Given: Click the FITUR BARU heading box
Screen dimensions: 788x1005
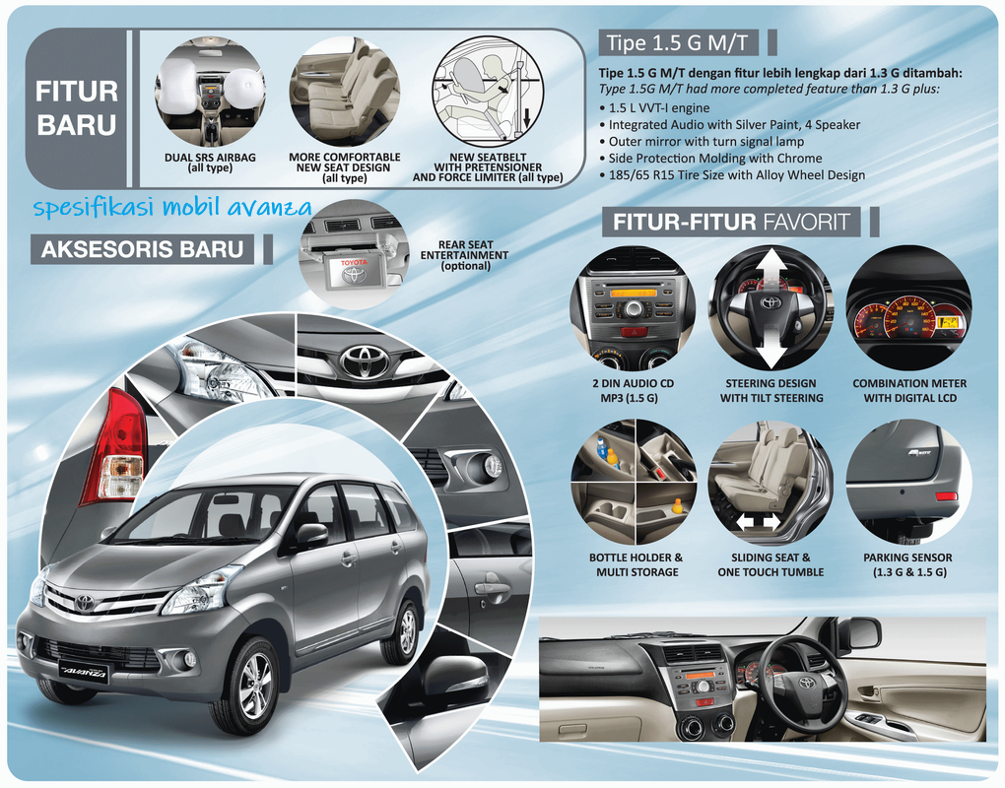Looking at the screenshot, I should pos(77,108).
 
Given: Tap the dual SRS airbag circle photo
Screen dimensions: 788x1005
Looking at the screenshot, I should pos(210,92).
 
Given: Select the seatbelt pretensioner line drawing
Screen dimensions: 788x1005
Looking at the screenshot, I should pos(488,92).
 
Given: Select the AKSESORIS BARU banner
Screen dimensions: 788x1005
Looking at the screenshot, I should pos(142,249).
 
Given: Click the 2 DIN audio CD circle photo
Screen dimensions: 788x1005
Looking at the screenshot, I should pos(632,308).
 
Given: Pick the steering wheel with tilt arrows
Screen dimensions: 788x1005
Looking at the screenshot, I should pos(770,308).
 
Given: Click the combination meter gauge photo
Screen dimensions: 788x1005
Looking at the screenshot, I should pos(908,308).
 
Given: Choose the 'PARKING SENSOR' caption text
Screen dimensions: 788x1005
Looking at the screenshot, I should pos(907,558).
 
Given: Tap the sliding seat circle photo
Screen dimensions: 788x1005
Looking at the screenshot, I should pos(770,482).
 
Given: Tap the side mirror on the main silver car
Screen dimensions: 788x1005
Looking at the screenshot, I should pos(311,535).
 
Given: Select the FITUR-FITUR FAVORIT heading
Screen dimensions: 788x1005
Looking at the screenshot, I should pos(730,222).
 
